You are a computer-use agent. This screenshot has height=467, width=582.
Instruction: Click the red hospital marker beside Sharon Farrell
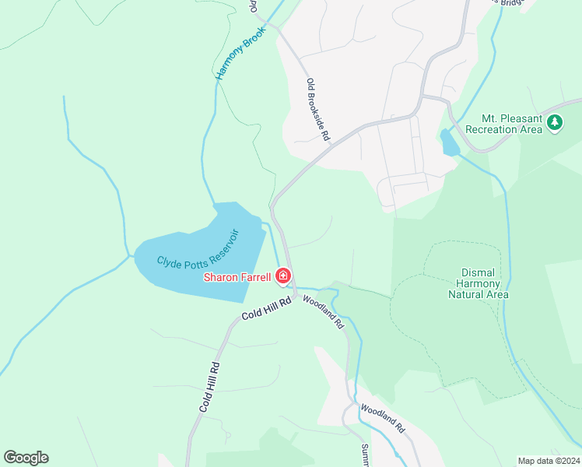pos(283,276)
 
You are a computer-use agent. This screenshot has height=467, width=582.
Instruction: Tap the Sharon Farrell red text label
pos(237,277)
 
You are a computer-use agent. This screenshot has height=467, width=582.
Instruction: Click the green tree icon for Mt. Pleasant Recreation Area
pos(554,122)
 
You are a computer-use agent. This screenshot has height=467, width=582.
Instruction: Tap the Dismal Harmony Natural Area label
pos(479,283)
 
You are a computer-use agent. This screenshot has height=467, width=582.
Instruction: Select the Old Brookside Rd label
pos(318,109)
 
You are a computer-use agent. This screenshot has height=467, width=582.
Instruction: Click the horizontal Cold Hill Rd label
pos(265,308)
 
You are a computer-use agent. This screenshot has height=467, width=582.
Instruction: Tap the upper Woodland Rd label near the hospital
pos(323,311)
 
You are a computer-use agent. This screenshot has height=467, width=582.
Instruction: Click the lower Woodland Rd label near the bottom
pos(382,418)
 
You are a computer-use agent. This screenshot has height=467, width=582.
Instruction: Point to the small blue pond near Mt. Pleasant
pos(449,142)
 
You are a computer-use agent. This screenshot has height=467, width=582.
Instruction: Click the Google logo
pos(26,458)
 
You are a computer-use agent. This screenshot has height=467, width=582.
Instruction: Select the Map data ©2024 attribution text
pos(549,461)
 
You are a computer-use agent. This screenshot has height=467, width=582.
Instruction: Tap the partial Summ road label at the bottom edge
pos(365,455)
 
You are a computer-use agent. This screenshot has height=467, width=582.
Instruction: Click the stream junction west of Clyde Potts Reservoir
pos(128,255)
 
